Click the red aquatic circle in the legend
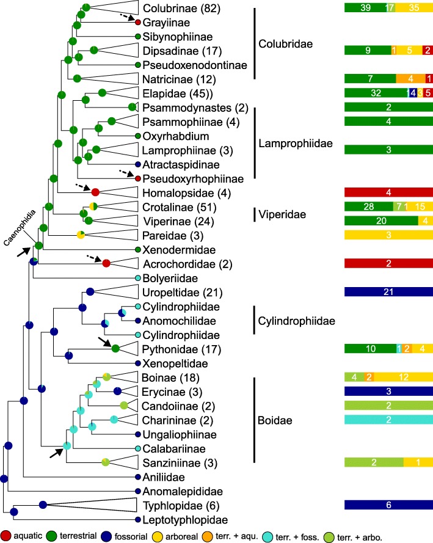coord(7,534)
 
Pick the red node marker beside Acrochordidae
coord(106,263)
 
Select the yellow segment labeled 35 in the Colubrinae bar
coord(414,7)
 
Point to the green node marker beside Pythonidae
coord(115,349)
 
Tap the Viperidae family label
coord(282,214)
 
